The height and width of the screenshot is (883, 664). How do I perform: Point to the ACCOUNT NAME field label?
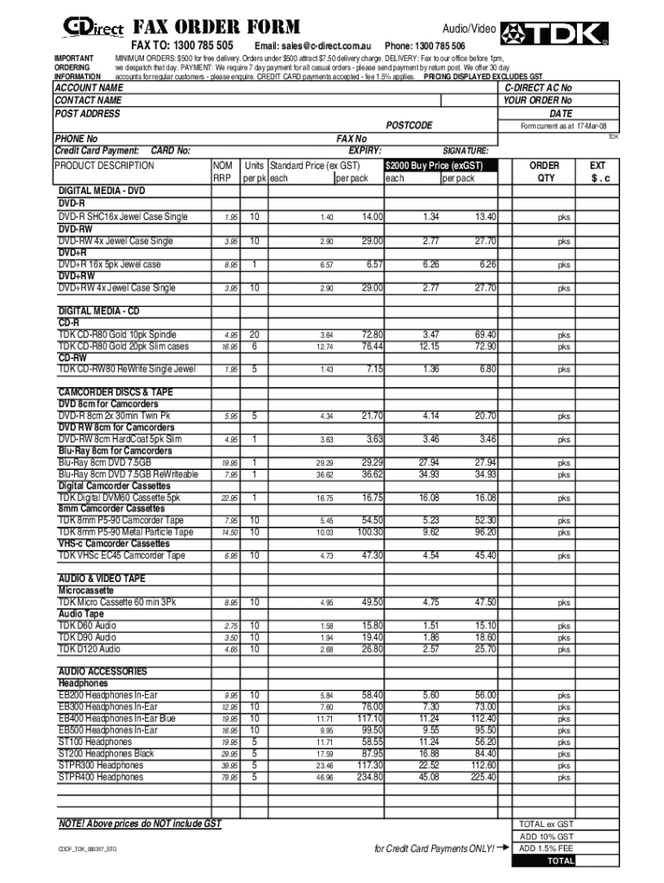(x=88, y=88)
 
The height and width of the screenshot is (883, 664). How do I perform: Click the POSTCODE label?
(x=409, y=126)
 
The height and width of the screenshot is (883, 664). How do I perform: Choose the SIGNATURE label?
(x=466, y=149)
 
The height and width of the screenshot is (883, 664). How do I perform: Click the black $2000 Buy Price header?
(x=440, y=165)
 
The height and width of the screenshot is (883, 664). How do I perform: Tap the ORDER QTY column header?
(x=543, y=172)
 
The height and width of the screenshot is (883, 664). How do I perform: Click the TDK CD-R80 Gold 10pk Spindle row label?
(x=116, y=335)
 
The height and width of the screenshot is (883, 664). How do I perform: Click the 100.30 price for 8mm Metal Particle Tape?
(x=370, y=533)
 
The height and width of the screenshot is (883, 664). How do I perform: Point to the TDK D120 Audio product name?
(x=89, y=649)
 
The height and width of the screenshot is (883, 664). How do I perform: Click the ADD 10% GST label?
(x=546, y=836)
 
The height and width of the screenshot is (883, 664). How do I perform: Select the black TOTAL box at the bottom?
(x=546, y=861)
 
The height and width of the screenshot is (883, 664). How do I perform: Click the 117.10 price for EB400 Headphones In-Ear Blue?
(x=370, y=718)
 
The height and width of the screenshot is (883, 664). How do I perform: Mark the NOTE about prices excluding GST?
(x=139, y=824)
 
